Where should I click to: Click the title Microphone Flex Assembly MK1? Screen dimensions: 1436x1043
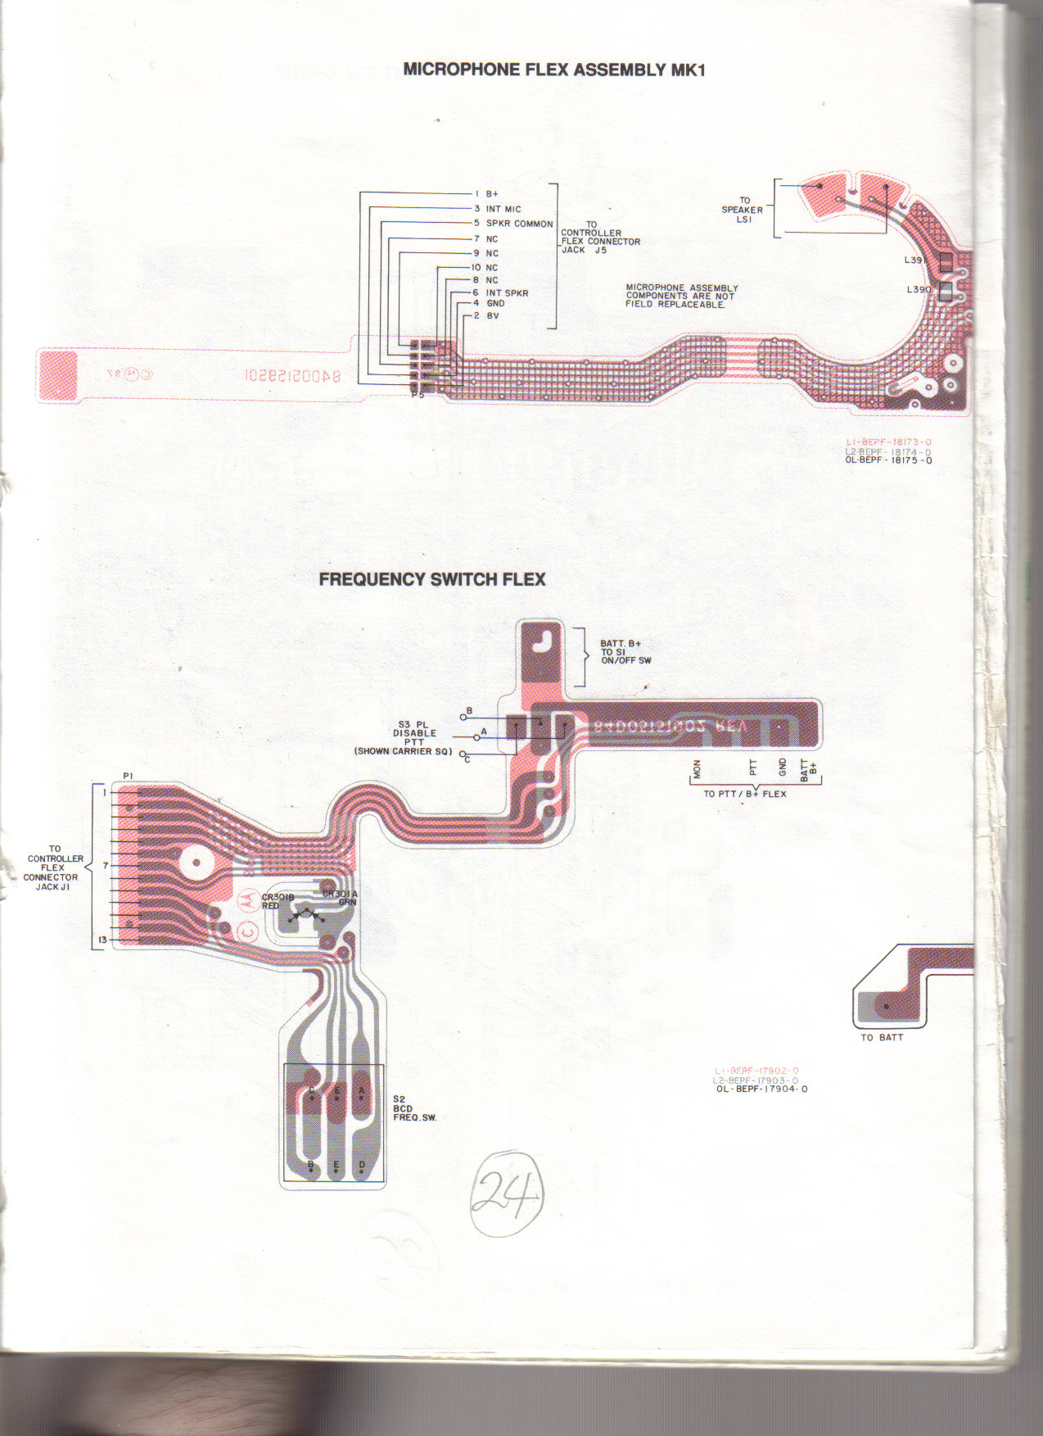tap(553, 70)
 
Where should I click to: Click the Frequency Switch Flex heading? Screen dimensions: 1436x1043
tap(431, 579)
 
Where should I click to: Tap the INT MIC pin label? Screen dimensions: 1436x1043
tap(503, 210)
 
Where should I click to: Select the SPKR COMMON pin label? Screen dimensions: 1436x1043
tap(519, 224)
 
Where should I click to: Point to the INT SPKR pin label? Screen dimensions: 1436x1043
tap(507, 292)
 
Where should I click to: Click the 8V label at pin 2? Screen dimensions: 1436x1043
tap(493, 315)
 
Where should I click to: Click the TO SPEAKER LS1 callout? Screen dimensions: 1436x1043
tap(743, 210)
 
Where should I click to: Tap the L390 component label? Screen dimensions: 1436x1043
tap(919, 290)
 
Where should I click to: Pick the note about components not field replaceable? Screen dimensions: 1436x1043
tap(681, 296)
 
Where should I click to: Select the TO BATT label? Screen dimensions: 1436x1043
tap(882, 1038)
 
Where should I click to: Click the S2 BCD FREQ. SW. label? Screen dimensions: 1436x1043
tap(414, 1108)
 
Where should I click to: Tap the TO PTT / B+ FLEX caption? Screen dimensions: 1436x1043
tap(744, 794)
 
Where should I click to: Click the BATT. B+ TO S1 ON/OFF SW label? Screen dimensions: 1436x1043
tap(625, 652)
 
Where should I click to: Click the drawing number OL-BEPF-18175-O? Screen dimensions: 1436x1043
tap(888, 460)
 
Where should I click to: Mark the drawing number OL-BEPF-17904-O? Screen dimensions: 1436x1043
tap(761, 1089)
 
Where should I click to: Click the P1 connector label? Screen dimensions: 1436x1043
tap(128, 776)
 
